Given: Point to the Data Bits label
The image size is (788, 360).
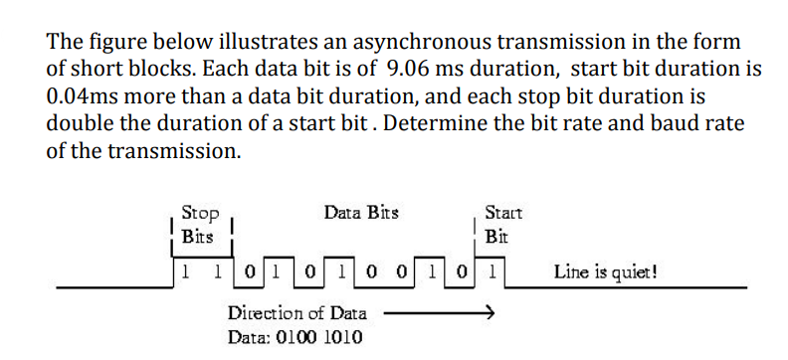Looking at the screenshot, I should coord(359,213).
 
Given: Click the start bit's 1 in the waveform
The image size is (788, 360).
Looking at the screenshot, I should coord(494,270).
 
